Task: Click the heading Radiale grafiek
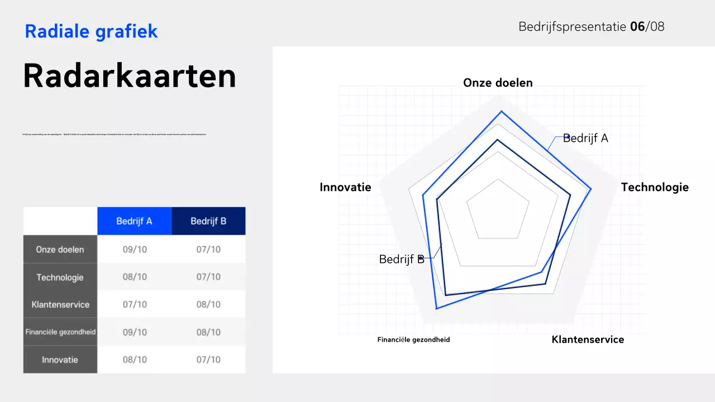click(x=91, y=31)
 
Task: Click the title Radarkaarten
click(x=129, y=76)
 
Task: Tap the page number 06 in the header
click(x=637, y=26)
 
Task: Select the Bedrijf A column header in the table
click(x=134, y=221)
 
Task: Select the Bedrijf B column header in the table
click(x=208, y=221)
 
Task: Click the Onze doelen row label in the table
click(x=60, y=250)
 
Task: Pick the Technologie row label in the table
click(x=60, y=277)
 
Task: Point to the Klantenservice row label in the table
click(x=60, y=305)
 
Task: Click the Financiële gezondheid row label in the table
click(x=60, y=332)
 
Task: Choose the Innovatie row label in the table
click(x=60, y=360)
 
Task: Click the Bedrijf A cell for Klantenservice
click(x=135, y=305)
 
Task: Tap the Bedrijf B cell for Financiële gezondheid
click(x=208, y=332)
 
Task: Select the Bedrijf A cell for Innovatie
click(x=135, y=360)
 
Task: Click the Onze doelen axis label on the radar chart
click(x=498, y=83)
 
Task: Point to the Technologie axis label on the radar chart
click(x=655, y=188)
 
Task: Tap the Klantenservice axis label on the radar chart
click(x=588, y=339)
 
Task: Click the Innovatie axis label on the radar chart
click(x=345, y=188)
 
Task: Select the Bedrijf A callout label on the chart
click(x=585, y=138)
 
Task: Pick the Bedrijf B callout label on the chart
click(x=402, y=260)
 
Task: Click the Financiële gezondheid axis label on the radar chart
click(x=413, y=339)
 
